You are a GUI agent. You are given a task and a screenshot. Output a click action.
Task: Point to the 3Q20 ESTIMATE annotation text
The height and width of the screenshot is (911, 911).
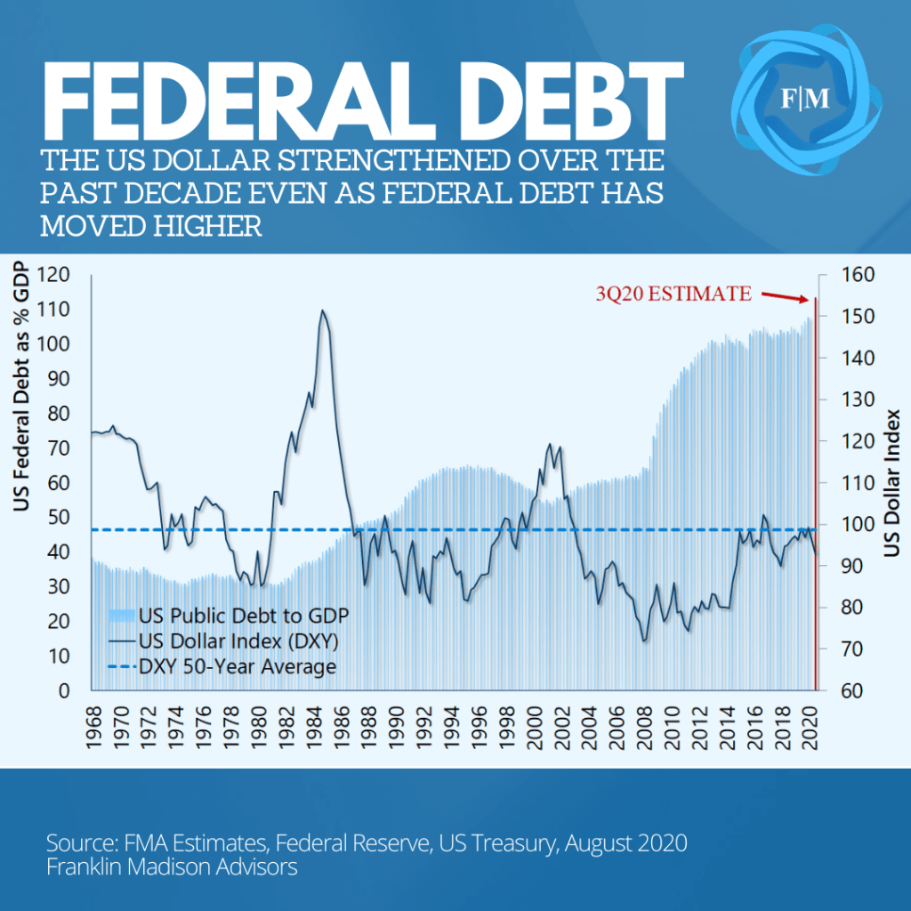(673, 294)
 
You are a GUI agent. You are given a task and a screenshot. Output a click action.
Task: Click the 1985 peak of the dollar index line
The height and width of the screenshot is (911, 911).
(322, 310)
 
